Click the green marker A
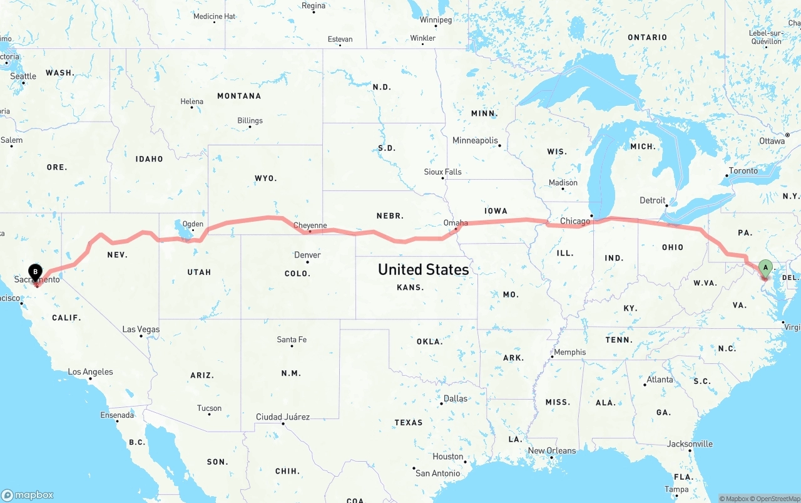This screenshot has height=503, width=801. pyautogui.click(x=765, y=269)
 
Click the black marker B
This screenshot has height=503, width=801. pyautogui.click(x=36, y=272)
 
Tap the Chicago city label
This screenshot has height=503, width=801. pyautogui.click(x=575, y=221)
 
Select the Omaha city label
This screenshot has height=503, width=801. pyautogui.click(x=455, y=223)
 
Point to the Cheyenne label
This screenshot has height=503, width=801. pyautogui.click(x=310, y=226)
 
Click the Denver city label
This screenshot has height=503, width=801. pyautogui.click(x=307, y=255)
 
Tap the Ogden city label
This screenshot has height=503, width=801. pyautogui.click(x=193, y=224)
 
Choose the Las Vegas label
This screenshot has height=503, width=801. pyautogui.click(x=141, y=329)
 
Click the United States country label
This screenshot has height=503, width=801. pyautogui.click(x=423, y=269)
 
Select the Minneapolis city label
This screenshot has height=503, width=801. pyautogui.click(x=475, y=140)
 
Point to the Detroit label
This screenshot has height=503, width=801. pyautogui.click(x=652, y=200)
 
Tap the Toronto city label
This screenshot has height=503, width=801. pyautogui.click(x=743, y=171)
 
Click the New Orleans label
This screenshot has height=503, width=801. pyautogui.click(x=551, y=450)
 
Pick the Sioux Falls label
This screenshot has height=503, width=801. pyautogui.click(x=442, y=172)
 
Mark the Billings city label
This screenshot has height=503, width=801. pyautogui.click(x=250, y=121)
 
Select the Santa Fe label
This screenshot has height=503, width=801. pyautogui.click(x=292, y=340)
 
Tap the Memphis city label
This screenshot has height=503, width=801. pyautogui.click(x=570, y=352)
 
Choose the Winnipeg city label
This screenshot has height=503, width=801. pyautogui.click(x=436, y=20)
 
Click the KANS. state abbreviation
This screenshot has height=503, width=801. pyautogui.click(x=410, y=288)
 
